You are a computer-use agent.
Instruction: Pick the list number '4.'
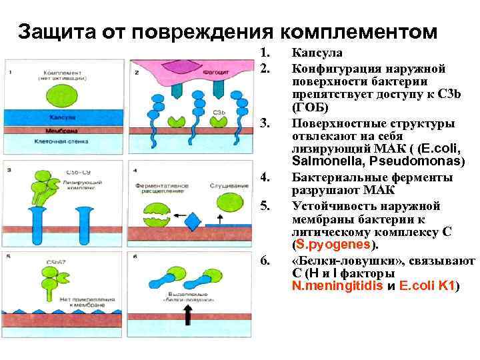point(266,177)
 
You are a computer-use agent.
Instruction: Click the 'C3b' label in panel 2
point(221,111)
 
